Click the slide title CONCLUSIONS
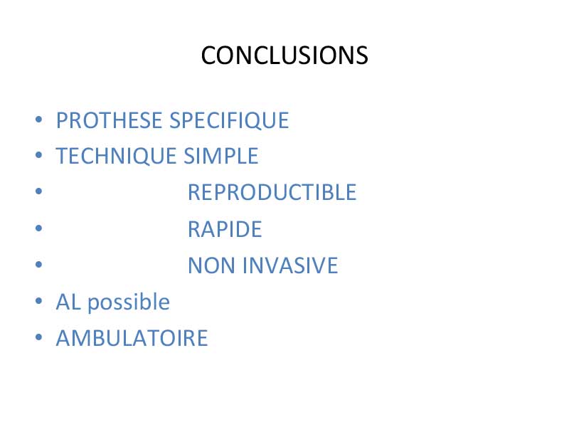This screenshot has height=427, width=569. click(284, 56)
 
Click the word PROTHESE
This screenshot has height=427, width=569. click(109, 120)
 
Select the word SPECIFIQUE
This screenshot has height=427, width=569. click(229, 121)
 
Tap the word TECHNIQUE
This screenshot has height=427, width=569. click(116, 157)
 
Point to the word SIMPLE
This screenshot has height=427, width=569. click(221, 156)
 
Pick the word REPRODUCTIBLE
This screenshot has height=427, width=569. click(272, 192)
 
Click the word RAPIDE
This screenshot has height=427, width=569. click(225, 229)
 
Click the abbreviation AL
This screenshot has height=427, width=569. click(68, 302)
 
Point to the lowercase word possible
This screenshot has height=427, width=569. click(129, 302)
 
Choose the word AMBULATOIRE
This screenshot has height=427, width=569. click(132, 338)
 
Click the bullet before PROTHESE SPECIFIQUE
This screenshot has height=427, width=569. click(39, 120)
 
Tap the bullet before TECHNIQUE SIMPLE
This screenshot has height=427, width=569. click(39, 155)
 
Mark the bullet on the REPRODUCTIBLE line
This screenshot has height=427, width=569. click(39, 191)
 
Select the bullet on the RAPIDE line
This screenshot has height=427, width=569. click(39, 228)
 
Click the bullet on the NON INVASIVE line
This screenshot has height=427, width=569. click(39, 264)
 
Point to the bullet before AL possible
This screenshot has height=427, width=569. click(39, 301)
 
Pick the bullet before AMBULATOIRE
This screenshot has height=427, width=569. click(39, 337)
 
